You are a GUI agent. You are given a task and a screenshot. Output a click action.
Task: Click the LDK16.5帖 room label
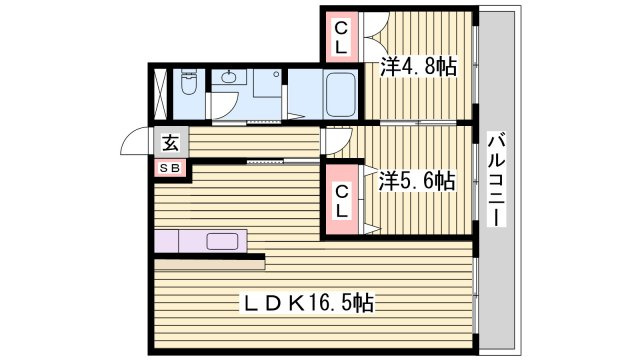[x=308, y=303]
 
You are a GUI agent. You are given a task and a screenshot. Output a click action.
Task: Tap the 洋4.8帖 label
[x=418, y=66]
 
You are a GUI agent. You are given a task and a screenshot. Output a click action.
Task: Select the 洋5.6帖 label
[x=416, y=181]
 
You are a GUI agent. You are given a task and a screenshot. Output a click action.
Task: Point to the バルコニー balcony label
[x=497, y=179]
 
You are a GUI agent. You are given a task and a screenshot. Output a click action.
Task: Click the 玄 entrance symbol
[x=171, y=142]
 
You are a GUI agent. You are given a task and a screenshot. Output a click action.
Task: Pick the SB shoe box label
[x=169, y=168]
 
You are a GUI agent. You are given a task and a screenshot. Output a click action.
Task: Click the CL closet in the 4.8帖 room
[x=341, y=37]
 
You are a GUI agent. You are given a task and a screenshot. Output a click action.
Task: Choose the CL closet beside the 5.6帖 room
[x=342, y=200]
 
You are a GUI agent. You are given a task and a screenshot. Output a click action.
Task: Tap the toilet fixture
[x=189, y=82]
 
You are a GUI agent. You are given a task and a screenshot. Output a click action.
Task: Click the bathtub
[x=339, y=94]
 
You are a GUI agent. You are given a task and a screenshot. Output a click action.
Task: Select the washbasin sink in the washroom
[x=229, y=76]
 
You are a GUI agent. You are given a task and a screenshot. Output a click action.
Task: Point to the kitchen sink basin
[x=222, y=241]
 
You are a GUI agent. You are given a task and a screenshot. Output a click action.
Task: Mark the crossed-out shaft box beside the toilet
[x=160, y=94]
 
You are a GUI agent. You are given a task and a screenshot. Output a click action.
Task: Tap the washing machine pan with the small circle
[x=267, y=83]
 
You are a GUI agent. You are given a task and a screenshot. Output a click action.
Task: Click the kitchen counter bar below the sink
[x=210, y=265]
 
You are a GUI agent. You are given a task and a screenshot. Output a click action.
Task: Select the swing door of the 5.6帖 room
[x=337, y=140]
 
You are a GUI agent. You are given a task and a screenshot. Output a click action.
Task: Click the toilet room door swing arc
[x=225, y=105]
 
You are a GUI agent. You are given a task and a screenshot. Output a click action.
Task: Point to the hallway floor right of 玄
[x=254, y=142]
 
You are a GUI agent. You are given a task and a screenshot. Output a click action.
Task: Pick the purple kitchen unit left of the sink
[x=167, y=241]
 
